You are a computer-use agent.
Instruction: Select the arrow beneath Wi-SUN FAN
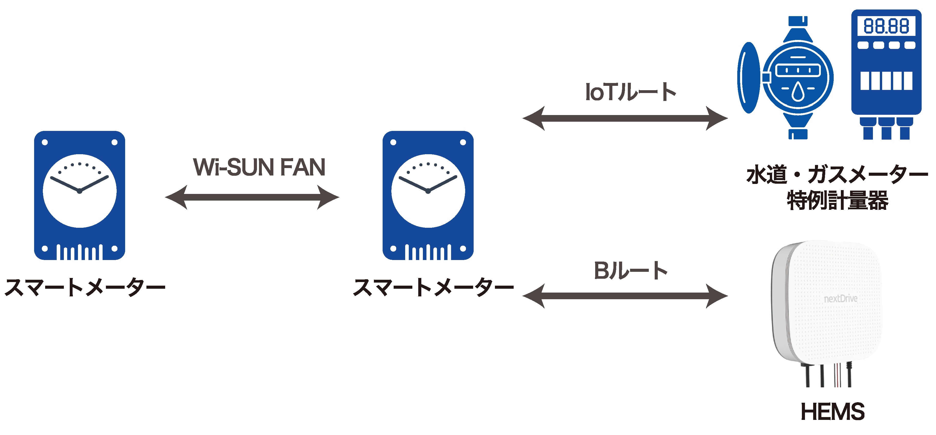[x=252, y=197]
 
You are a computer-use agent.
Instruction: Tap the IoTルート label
[x=630, y=92]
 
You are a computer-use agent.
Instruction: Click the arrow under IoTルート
[x=625, y=118]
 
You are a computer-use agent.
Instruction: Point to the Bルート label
[x=630, y=271]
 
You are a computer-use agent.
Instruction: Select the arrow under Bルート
[x=625, y=296]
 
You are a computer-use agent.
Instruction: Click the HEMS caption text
[x=832, y=411]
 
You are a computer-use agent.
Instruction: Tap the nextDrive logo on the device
[x=840, y=299]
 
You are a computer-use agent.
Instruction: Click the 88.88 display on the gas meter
[x=886, y=26]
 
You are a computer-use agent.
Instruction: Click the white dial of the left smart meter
[x=79, y=203]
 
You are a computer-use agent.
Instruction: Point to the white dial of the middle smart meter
[x=428, y=203]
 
